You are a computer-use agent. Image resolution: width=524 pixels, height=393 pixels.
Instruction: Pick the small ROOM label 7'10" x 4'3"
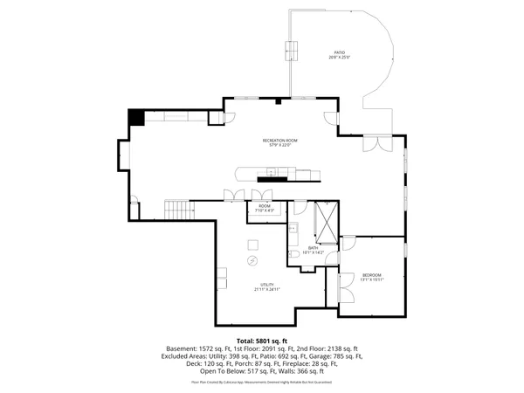pyautogui.click(x=265, y=209)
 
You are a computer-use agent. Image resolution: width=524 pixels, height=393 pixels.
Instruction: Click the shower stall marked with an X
pyautogui.click(x=327, y=222)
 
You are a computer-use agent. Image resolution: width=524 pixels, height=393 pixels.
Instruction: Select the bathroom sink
pyautogui.click(x=295, y=231)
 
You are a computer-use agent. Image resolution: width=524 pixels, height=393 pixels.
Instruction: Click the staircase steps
pyautogui.click(x=177, y=210)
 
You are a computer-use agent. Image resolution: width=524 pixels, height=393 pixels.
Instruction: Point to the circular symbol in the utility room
pyautogui.click(x=252, y=259)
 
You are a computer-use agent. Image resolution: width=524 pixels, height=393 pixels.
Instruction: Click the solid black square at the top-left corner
pyautogui.click(x=136, y=118)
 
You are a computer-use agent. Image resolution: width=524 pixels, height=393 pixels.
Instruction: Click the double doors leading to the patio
pyautogui.click(x=372, y=143)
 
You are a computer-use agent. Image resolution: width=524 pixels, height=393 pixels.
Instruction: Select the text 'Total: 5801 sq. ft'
pyautogui.click(x=262, y=340)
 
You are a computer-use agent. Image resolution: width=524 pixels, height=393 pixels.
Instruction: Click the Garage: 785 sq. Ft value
pyautogui.click(x=343, y=357)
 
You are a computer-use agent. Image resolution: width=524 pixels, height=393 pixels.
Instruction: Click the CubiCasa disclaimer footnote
pyautogui.click(x=262, y=382)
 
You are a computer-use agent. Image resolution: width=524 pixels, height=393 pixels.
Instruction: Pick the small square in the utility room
pyautogui.click(x=253, y=243)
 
